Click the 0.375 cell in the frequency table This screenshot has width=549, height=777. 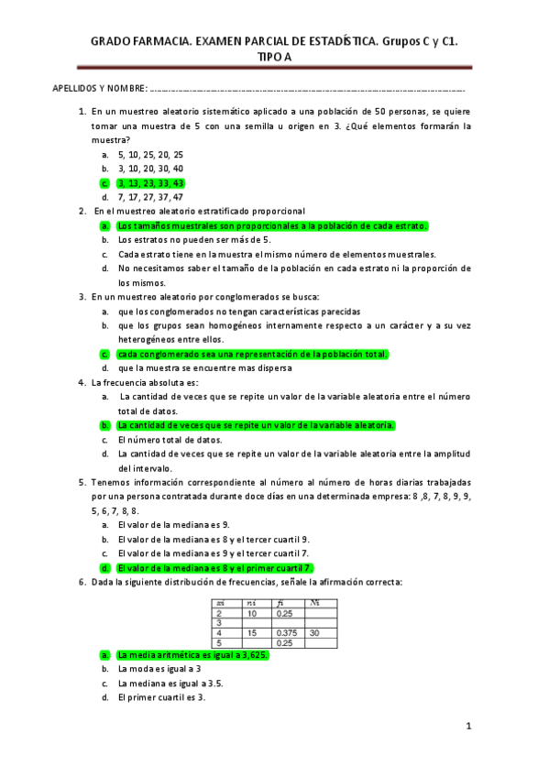click(289, 632)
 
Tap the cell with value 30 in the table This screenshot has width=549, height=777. click(316, 632)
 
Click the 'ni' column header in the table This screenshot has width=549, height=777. click(253, 602)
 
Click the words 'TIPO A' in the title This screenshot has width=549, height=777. click(274, 56)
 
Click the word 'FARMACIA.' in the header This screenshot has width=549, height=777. click(163, 41)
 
